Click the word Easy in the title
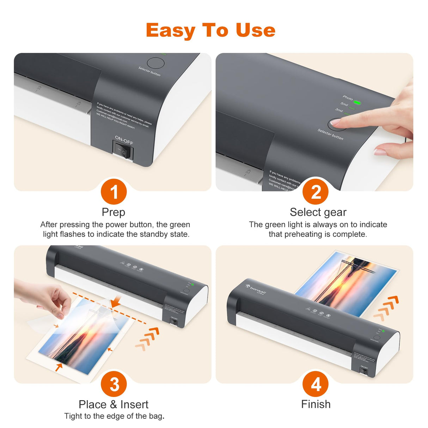tap(170, 31)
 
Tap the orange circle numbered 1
tap(114, 192)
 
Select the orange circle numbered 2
tap(316, 192)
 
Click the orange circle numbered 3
tap(114, 384)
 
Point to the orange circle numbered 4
tap(316, 384)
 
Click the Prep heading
tap(113, 212)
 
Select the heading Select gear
tap(318, 212)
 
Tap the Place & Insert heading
tap(113, 404)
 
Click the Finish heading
tap(316, 404)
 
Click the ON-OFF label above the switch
tap(124, 140)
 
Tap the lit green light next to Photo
tap(357, 103)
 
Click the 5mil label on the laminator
tap(344, 104)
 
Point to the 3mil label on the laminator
tap(339, 110)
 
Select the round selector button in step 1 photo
tap(155, 63)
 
